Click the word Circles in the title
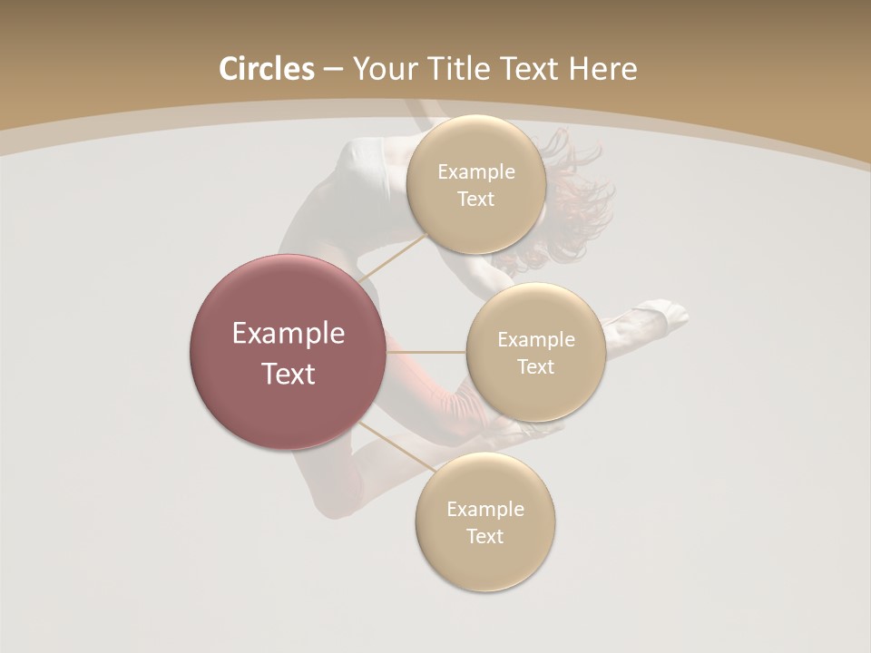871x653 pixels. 266,69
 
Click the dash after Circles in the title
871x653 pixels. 333,70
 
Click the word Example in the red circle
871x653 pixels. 289,334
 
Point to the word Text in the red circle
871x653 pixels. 289,374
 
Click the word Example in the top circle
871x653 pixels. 476,171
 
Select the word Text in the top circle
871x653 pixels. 476,199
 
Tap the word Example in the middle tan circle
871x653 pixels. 536,339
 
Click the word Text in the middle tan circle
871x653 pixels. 536,366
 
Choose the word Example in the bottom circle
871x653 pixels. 485,509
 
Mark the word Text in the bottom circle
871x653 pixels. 485,536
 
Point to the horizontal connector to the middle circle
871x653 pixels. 426,352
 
